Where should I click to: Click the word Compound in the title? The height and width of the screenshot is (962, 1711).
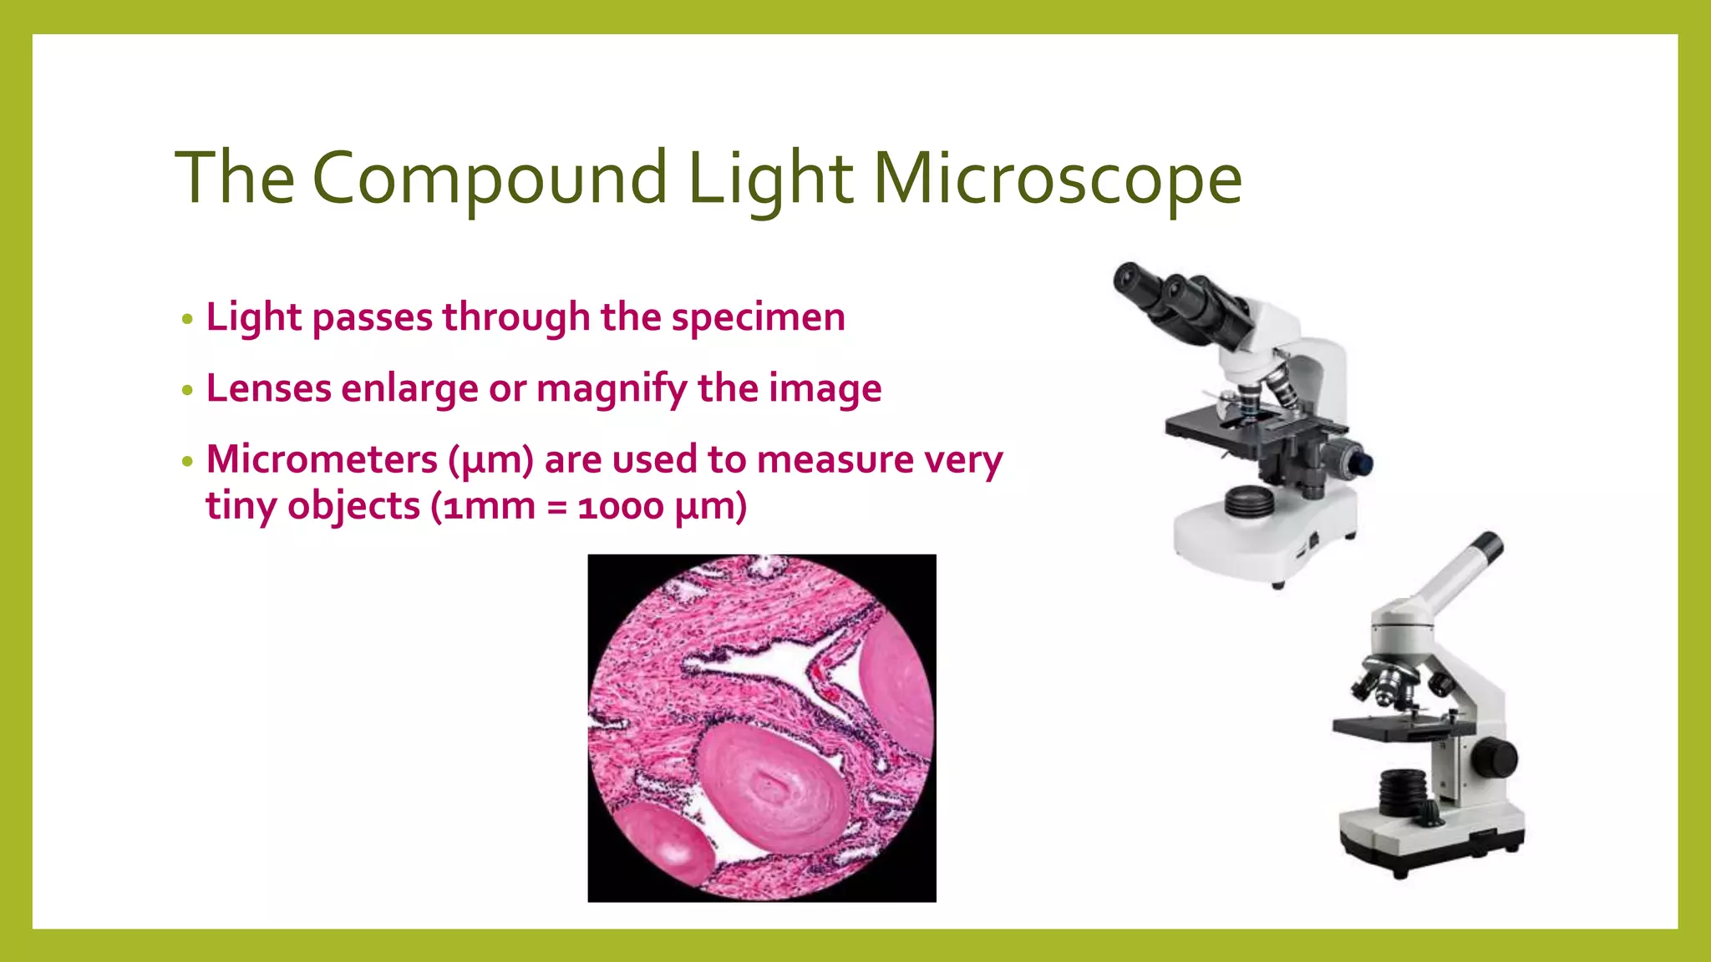pyautogui.click(x=490, y=179)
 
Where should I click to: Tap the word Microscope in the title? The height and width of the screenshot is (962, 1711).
pyautogui.click(x=1058, y=179)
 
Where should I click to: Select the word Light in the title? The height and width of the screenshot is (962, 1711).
pyautogui.click(x=769, y=179)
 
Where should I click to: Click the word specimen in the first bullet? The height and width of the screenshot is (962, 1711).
pyautogui.click(x=758, y=317)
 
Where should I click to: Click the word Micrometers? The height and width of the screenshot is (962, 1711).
pyautogui.click(x=322, y=459)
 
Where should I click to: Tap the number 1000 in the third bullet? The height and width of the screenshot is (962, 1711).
pyautogui.click(x=620, y=507)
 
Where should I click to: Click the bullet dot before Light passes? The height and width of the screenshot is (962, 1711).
pyautogui.click(x=187, y=320)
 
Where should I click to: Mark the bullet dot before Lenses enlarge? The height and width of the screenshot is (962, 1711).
pyautogui.click(x=187, y=391)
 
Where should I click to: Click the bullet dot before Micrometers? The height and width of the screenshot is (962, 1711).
pyautogui.click(x=187, y=462)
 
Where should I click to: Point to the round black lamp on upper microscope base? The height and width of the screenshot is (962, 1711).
pyautogui.click(x=1249, y=503)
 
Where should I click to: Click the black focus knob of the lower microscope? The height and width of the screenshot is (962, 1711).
pyautogui.click(x=1494, y=757)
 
